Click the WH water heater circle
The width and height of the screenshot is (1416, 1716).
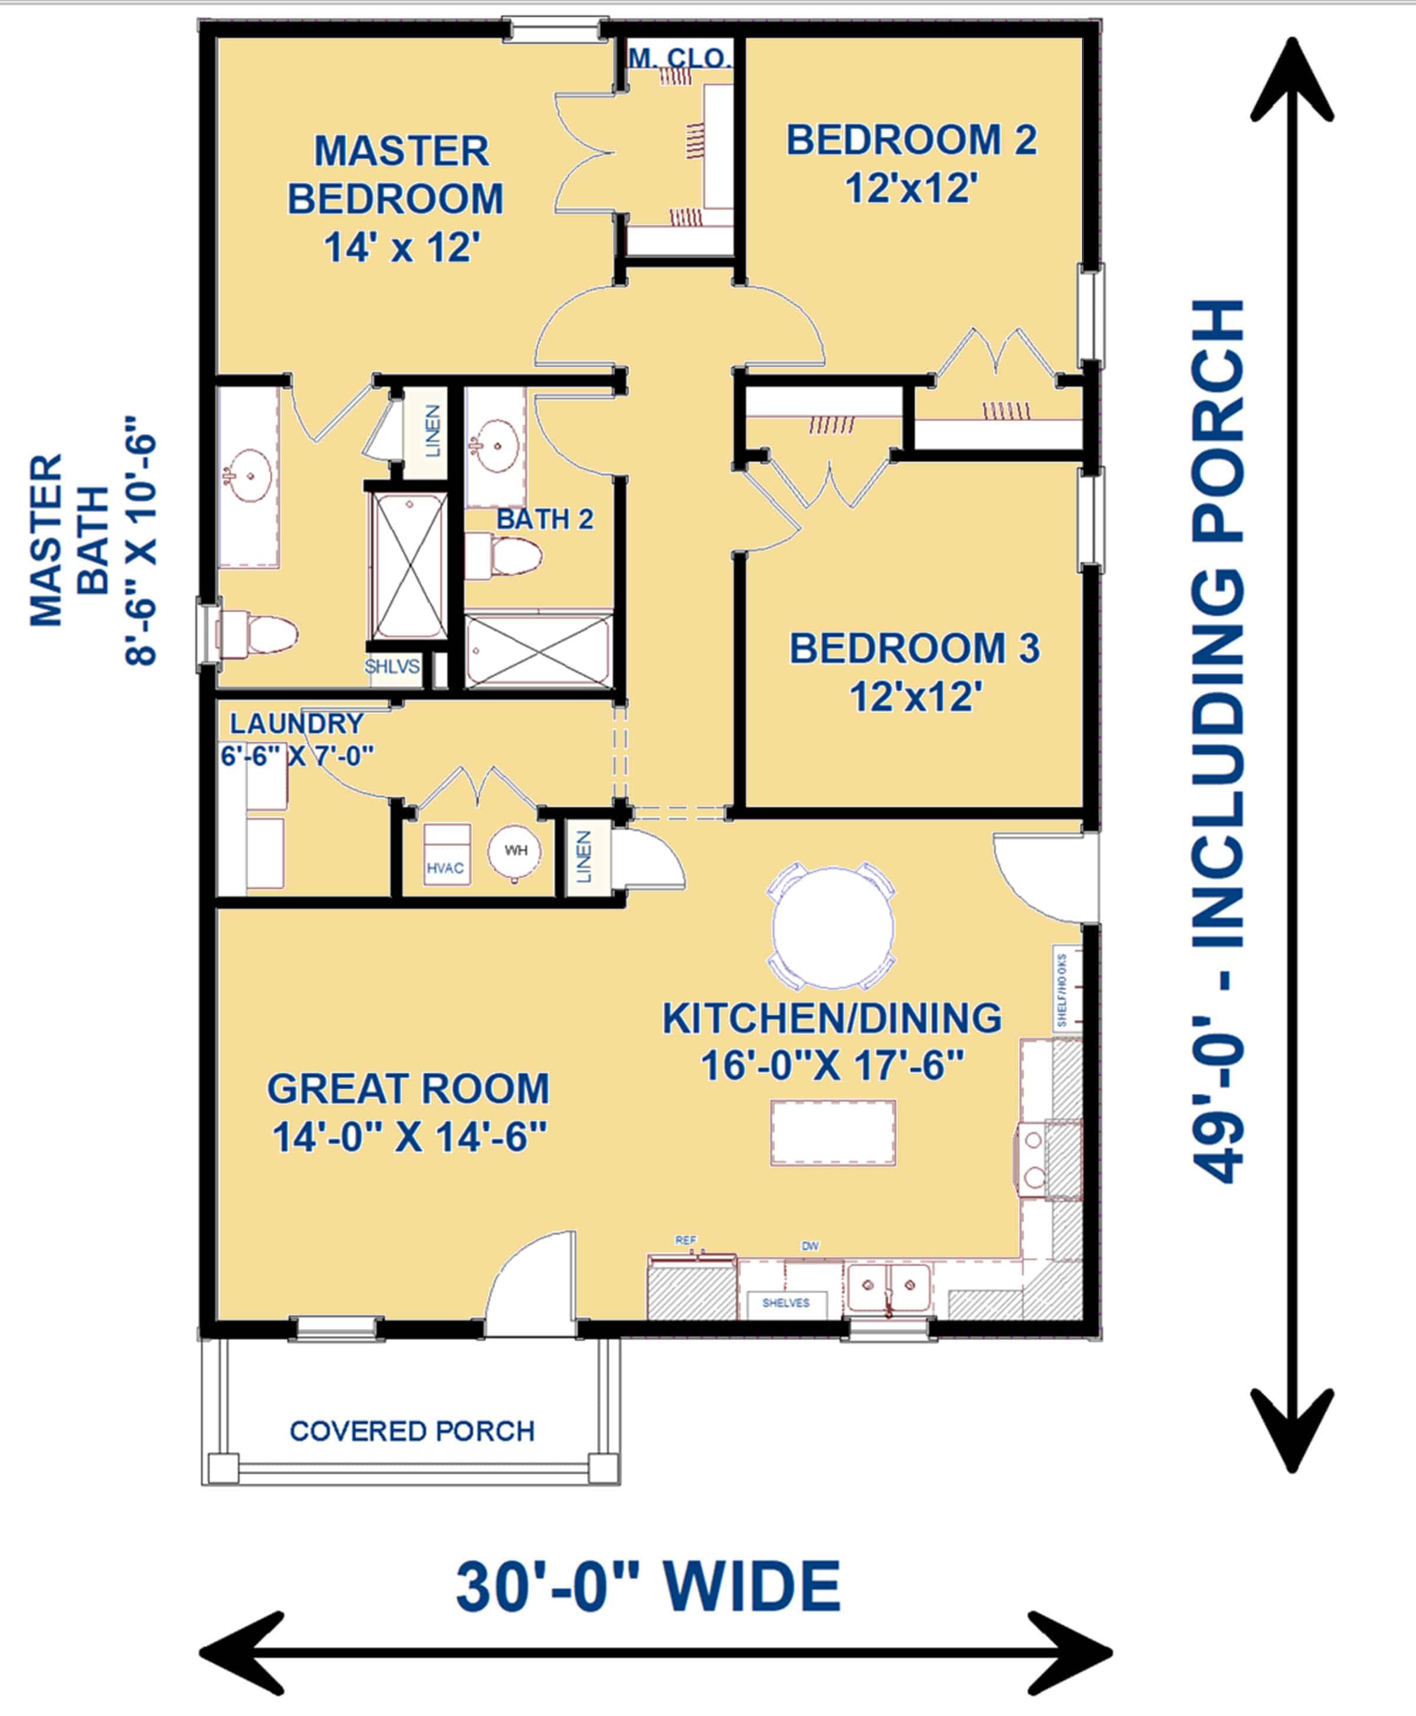[x=514, y=852]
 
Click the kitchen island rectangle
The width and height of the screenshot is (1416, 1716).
[x=833, y=1132]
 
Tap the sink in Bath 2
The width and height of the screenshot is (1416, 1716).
[x=495, y=446]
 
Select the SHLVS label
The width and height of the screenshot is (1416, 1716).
[x=392, y=667]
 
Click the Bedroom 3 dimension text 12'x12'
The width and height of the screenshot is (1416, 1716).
[x=915, y=697]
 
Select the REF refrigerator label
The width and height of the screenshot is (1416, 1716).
[x=685, y=1241]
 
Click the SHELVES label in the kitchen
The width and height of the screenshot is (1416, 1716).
[x=785, y=1302]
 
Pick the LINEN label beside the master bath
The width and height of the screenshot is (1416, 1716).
[x=432, y=431]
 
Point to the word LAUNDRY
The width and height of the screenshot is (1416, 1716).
[x=296, y=723]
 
